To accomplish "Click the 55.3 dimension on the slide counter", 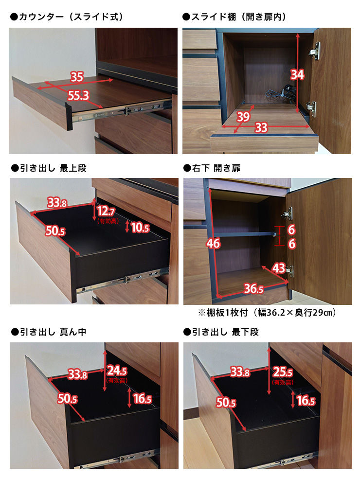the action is [78, 96].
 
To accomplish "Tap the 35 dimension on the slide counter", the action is [77, 77].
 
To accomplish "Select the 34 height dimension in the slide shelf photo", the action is [297, 74].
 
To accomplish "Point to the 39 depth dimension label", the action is [243, 116].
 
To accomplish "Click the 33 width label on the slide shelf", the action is [261, 127].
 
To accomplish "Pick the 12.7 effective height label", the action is [106, 211].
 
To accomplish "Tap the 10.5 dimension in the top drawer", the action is [140, 227].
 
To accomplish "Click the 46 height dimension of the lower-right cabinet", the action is [213, 244].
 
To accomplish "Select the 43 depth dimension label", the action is [278, 268].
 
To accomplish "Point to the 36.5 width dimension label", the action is [253, 288].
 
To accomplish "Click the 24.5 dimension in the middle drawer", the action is [117, 371].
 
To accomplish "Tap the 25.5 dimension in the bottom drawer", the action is [283, 372].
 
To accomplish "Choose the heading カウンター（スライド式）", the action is [67, 17].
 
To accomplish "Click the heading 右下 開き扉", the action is [212, 168].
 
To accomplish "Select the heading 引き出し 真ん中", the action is [48, 332].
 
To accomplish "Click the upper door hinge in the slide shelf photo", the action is [315, 51].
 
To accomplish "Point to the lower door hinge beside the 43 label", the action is [289, 271].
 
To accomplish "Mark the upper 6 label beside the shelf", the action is [291, 230].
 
